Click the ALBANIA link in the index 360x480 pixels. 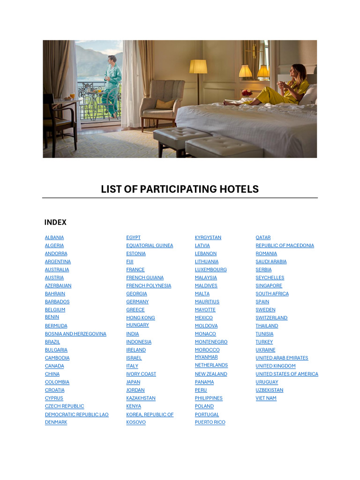pos(54,238)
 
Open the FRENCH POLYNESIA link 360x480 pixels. pos(149,285)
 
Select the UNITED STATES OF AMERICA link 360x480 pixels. pos(286,374)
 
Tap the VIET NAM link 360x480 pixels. pos(266,398)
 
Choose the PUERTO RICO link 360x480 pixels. pos(210,422)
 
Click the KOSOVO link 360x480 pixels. pos(136,422)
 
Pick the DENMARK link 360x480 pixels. pos(56,422)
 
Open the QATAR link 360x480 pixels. pos(263,238)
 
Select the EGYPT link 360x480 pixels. pos(133,238)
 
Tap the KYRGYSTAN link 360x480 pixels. pos(208,238)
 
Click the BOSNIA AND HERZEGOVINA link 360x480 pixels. pos(75,334)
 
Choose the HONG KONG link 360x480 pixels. pos(140,318)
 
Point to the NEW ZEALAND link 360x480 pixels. pos(211,374)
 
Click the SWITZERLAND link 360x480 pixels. pos(271,318)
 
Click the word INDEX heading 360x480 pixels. pos(55,222)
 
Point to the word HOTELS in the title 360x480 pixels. pos(238,189)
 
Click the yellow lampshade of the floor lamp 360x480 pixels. pos(198,67)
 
